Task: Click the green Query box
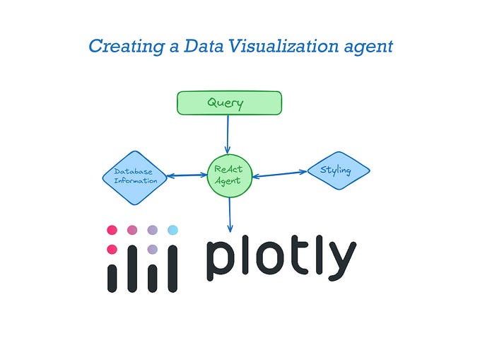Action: coord(228,103)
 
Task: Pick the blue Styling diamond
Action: coord(338,170)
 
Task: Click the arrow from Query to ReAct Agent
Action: coord(228,134)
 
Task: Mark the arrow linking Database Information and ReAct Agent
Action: coord(187,175)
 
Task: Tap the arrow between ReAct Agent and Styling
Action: coord(279,173)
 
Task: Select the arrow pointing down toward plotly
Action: coord(229,214)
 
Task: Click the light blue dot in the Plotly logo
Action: coord(172,230)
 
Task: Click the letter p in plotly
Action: coord(220,262)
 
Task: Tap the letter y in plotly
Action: coord(340,263)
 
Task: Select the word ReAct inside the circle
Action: coord(228,170)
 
